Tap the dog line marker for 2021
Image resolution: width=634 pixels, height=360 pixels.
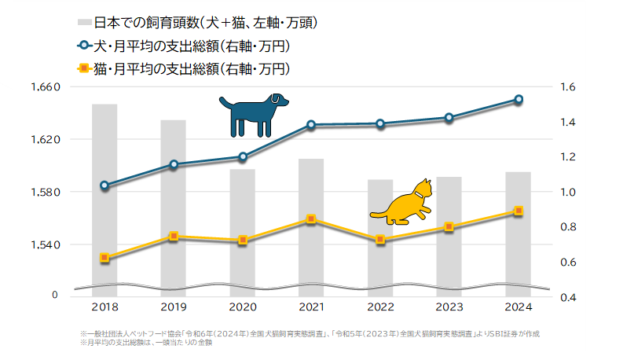[311, 125]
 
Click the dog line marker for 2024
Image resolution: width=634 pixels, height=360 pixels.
[519, 99]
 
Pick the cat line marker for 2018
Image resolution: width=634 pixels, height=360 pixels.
[104, 258]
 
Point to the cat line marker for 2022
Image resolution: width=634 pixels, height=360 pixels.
[380, 239]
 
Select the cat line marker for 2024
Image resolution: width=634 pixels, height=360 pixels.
[519, 211]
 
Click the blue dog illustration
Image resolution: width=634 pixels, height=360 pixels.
[253, 115]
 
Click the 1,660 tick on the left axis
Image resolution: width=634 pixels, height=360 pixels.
[45, 86]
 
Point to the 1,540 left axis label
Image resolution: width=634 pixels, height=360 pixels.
[45, 244]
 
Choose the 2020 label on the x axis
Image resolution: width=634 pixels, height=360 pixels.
[243, 307]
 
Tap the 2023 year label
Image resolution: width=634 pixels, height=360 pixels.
[449, 307]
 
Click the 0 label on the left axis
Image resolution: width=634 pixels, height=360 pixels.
[54, 295]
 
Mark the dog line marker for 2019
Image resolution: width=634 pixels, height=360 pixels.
[174, 165]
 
